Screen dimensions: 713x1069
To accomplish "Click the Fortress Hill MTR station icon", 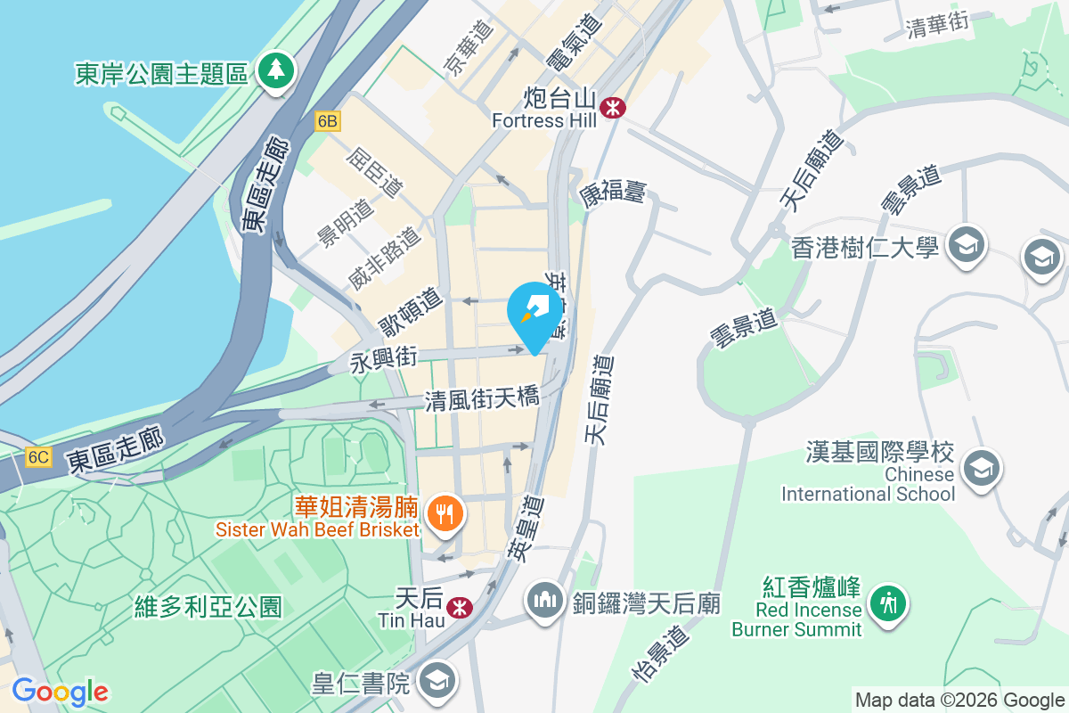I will [x=613, y=108].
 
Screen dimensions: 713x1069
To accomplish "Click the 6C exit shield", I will [x=38, y=457].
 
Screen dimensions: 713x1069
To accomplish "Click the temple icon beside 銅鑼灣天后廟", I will [x=544, y=598].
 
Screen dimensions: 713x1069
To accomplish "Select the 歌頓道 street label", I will [x=409, y=309].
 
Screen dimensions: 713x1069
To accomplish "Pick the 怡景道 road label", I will [x=660, y=653].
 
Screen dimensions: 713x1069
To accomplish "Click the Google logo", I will [x=60, y=692].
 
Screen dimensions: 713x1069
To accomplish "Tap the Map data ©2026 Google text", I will [x=959, y=700].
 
